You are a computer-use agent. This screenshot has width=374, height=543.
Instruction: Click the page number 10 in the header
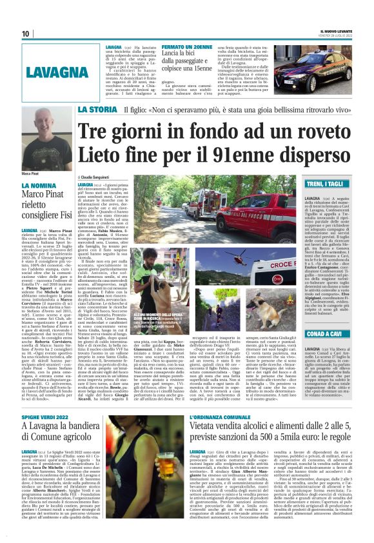(x=25, y=34)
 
